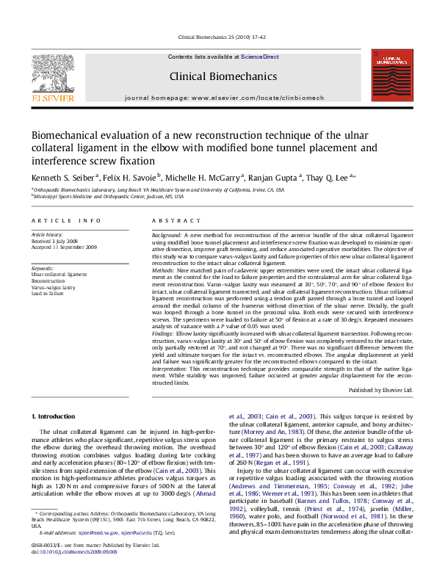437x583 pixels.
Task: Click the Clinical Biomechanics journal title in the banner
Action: pyautogui.click(x=218, y=76)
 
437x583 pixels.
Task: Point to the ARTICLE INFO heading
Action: pyautogui.click(x=66, y=220)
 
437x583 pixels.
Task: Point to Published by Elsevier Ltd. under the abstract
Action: pyautogui.click(x=380, y=390)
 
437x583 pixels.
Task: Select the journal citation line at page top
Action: pyautogui.click(x=218, y=37)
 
